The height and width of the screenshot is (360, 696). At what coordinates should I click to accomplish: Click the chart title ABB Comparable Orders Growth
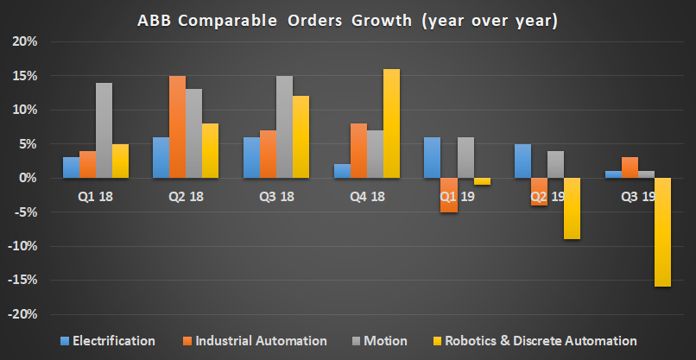coord(347,20)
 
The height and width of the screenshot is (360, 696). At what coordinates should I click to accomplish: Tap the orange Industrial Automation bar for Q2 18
coord(177,127)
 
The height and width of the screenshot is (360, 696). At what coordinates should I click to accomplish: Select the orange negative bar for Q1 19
coord(448,194)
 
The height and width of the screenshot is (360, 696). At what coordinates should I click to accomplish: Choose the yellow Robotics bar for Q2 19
coord(572,208)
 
